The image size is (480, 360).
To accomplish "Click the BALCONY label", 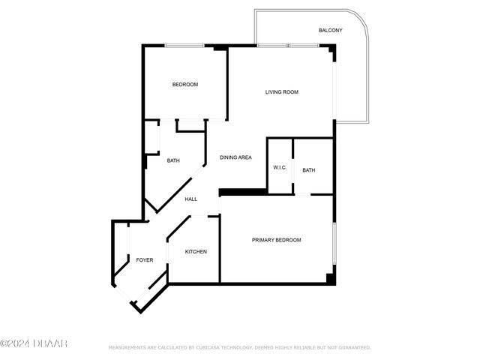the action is point(330,30).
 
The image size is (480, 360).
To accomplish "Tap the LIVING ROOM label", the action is point(282,91).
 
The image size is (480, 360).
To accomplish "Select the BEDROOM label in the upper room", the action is point(185,85).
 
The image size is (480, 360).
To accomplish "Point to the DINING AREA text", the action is point(235,157).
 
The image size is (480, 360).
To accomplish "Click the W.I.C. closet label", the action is point(280,167).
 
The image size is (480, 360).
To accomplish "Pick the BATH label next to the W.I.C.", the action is point(308,170).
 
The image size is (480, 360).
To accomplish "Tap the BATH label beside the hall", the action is point(173,160).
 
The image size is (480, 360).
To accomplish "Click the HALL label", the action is point(191,199).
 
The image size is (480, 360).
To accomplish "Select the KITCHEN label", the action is point(196,252).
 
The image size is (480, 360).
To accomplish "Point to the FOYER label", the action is point(145,260).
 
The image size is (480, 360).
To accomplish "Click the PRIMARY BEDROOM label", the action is point(277,240).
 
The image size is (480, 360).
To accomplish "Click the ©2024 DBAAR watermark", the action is point(34,343).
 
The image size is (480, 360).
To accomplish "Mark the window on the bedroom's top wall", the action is point(184,46).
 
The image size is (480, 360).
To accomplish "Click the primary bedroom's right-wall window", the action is point(334,243).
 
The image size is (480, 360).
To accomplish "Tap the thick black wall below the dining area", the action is point(243,192).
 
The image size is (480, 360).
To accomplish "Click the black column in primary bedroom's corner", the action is point(331,278).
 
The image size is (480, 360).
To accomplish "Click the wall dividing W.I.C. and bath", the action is point(293,166).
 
